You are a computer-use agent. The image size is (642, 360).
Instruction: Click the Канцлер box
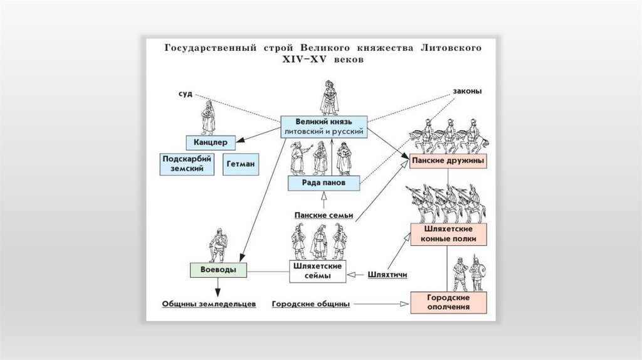pyautogui.click(x=210, y=142)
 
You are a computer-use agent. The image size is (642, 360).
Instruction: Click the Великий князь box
pyautogui.click(x=324, y=126)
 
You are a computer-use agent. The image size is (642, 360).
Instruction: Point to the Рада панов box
pyautogui.click(x=324, y=183)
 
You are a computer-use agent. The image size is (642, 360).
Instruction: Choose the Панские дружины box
pyautogui.click(x=448, y=161)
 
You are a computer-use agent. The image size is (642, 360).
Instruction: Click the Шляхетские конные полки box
pyautogui.click(x=448, y=233)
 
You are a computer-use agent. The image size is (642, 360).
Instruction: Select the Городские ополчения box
pyautogui.click(x=448, y=302)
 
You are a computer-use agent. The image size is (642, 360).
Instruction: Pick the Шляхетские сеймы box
pyautogui.click(x=317, y=270)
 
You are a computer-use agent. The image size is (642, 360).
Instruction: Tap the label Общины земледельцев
pyautogui.click(x=209, y=304)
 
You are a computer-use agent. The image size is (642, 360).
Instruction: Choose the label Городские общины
pyautogui.click(x=311, y=304)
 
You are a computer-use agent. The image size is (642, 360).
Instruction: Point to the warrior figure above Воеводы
pyautogui.click(x=218, y=246)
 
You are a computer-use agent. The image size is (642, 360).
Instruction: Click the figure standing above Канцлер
pyautogui.click(x=208, y=119)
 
